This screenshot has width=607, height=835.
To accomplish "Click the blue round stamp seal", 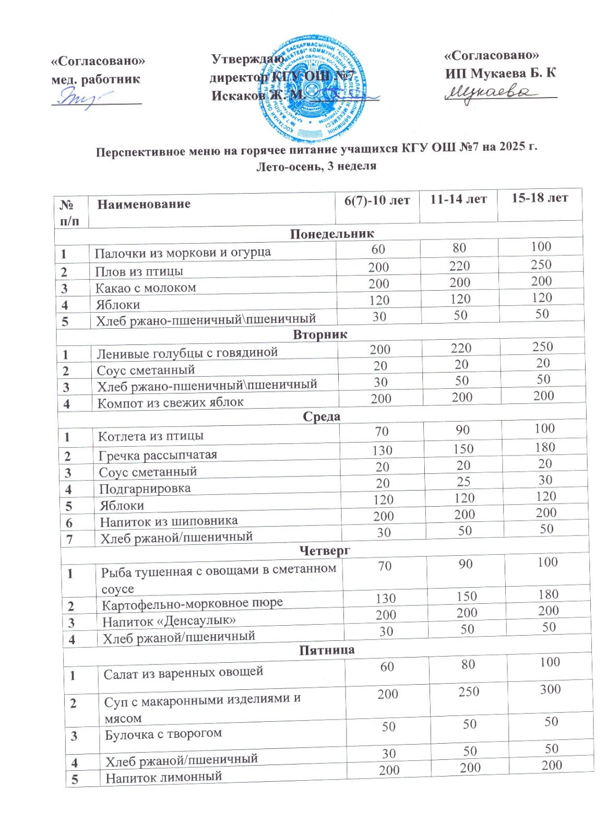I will pyautogui.click(x=313, y=88).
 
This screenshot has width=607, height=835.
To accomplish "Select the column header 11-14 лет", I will pyautogui.click(x=458, y=199).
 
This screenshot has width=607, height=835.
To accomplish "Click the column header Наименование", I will pyautogui.click(x=144, y=204).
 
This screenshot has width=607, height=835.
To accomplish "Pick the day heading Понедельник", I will pyautogui.click(x=332, y=233).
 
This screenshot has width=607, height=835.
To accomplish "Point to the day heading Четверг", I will pyautogui.click(x=325, y=550).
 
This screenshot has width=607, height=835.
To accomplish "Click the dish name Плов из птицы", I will pyautogui.click(x=139, y=271).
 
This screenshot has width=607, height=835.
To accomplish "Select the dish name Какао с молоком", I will pyautogui.click(x=146, y=288).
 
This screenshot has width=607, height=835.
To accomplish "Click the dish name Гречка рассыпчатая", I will pyautogui.click(x=158, y=455).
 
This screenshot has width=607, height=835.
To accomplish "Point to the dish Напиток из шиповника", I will pyautogui.click(x=169, y=521).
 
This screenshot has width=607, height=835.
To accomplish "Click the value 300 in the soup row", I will pyautogui.click(x=550, y=689).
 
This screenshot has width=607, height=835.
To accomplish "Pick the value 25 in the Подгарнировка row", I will pyautogui.click(x=463, y=482).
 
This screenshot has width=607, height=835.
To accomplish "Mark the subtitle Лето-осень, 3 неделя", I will pyautogui.click(x=316, y=166).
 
